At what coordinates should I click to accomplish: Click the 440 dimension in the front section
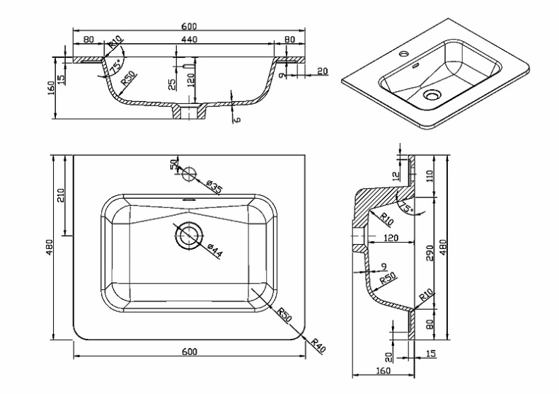(189, 40)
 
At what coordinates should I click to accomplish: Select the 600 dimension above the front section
(189, 26)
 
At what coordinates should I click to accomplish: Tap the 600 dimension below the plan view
(189, 352)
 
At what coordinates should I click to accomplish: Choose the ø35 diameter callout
(214, 187)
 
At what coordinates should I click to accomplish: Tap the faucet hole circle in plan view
(189, 173)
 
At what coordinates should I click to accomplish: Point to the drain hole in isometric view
(432, 93)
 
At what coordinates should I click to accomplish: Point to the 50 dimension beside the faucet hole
(173, 165)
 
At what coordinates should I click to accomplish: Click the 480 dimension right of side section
(444, 246)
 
